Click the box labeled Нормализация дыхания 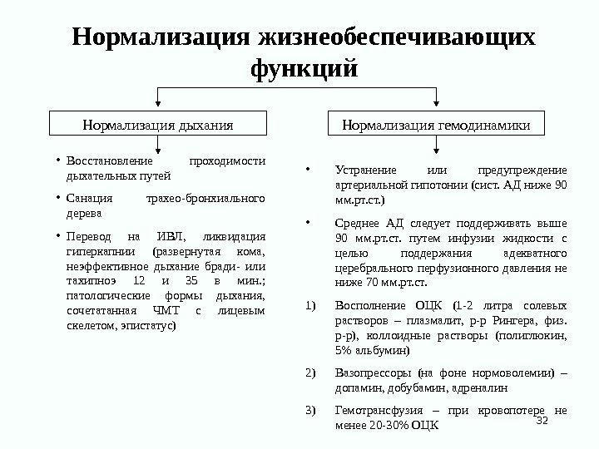pos(158,125)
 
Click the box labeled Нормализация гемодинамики pos(436,125)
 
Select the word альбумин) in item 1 pos(380,351)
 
